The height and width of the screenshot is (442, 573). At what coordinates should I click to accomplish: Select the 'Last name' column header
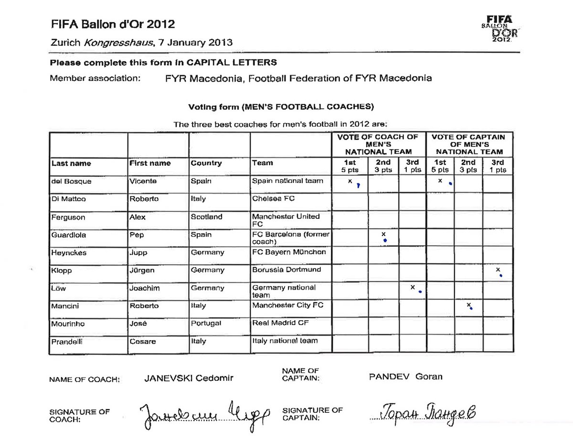pyautogui.click(x=71, y=163)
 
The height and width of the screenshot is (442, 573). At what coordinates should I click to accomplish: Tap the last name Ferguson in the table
pyautogui.click(x=68, y=217)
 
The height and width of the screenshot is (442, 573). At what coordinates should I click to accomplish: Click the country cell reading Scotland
pyautogui.click(x=206, y=217)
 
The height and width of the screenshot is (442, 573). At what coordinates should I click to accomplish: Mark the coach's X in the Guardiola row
pyautogui.click(x=383, y=234)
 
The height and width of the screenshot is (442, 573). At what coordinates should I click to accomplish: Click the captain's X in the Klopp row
pyautogui.click(x=498, y=270)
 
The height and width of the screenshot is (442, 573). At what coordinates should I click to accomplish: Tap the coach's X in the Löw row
pyautogui.click(x=412, y=287)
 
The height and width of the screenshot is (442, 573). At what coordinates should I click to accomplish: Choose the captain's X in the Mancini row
pyautogui.click(x=469, y=305)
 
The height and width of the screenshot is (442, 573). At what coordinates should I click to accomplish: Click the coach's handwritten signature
pyautogui.click(x=205, y=414)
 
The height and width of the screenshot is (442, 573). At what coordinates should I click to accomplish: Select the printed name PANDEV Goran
pyautogui.click(x=405, y=377)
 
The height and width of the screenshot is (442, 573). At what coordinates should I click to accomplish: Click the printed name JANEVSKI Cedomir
pyautogui.click(x=188, y=378)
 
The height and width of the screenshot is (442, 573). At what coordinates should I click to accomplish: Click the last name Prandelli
pyautogui.click(x=68, y=342)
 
